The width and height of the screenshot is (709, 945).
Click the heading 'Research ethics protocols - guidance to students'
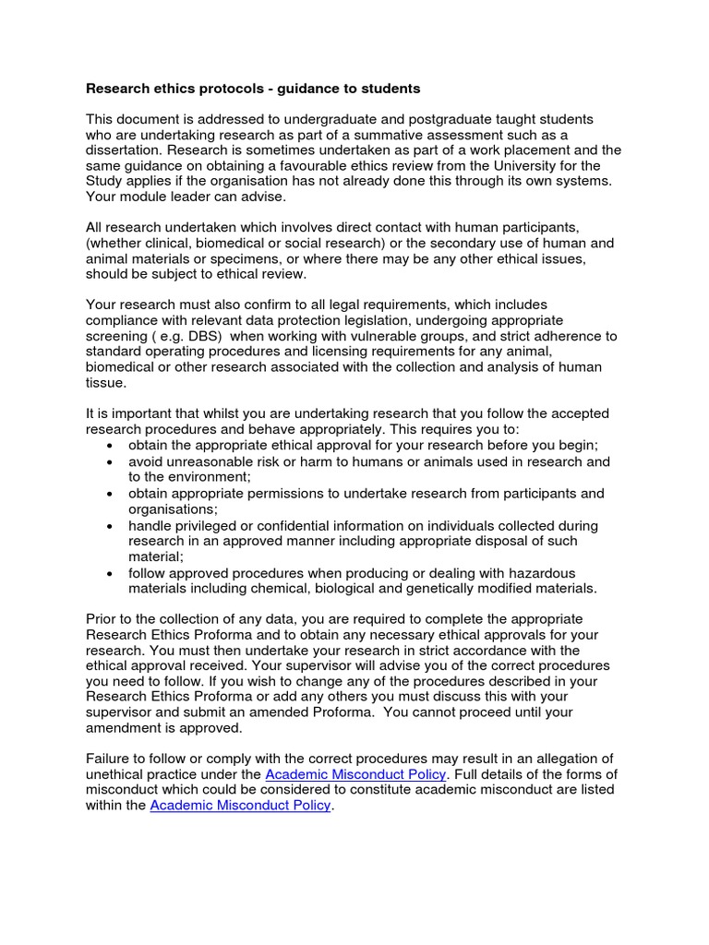(x=253, y=89)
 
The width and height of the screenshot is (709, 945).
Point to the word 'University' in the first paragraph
(x=523, y=166)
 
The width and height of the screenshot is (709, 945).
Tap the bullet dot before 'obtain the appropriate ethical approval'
(x=111, y=446)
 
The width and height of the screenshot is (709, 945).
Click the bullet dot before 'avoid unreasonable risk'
(x=111, y=461)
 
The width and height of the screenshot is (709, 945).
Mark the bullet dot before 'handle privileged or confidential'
(x=111, y=526)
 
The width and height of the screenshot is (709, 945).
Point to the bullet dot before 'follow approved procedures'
(x=111, y=573)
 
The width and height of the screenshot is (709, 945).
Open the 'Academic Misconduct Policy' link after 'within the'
(x=240, y=806)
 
